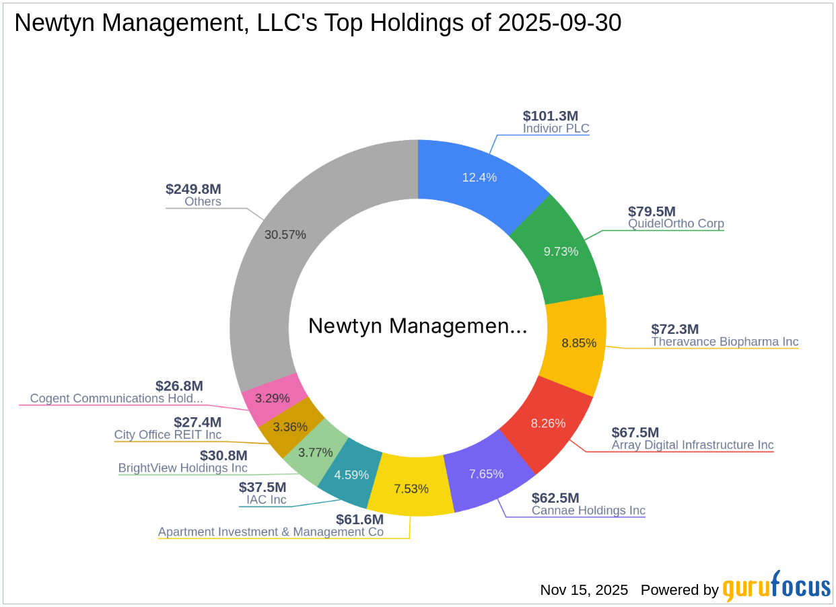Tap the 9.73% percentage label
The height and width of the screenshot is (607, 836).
[x=561, y=251]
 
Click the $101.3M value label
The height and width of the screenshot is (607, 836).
[x=550, y=116]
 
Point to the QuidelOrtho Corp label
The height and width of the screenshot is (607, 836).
[x=676, y=223]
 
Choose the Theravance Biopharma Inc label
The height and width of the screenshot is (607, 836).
[x=724, y=342]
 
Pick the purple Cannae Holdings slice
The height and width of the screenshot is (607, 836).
[x=486, y=474]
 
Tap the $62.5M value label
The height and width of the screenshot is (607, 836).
[x=555, y=498]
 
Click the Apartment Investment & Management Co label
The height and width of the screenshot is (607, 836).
[x=271, y=532]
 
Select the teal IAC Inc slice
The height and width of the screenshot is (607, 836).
[x=351, y=475]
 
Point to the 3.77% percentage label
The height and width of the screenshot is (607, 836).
[x=316, y=452]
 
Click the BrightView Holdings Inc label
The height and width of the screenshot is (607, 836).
[x=182, y=468]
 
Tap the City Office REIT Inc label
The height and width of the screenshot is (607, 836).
[x=168, y=435]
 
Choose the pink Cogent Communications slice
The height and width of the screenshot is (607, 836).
[x=273, y=398]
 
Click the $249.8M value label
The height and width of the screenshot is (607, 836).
[x=193, y=189]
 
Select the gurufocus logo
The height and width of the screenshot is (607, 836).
[x=777, y=587]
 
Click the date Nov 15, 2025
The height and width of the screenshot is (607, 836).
[x=584, y=590]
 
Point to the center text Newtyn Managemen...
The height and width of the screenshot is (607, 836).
[x=417, y=326]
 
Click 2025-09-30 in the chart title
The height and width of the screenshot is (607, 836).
[x=559, y=23]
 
